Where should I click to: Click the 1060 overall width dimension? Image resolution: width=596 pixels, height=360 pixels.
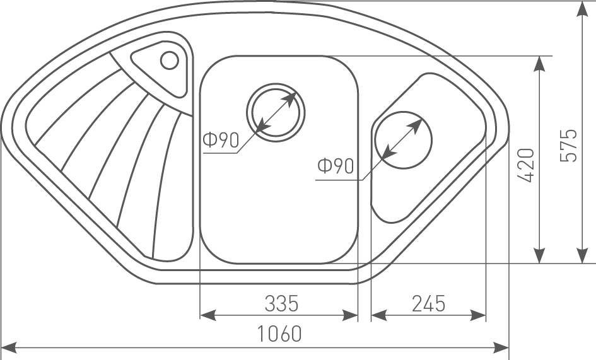pyautogui.click(x=279, y=334)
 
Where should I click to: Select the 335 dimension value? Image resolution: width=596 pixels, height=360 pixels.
pyautogui.click(x=282, y=304)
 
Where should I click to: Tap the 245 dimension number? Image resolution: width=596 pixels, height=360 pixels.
pyautogui.click(x=428, y=304)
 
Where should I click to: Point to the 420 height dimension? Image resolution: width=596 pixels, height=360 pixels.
pyautogui.click(x=528, y=165)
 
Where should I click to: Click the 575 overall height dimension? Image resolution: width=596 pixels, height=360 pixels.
pyautogui.click(x=569, y=146)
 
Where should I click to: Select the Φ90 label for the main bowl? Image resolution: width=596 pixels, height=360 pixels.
pyautogui.click(x=221, y=140)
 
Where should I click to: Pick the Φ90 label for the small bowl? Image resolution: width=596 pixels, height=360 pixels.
pyautogui.click(x=336, y=166)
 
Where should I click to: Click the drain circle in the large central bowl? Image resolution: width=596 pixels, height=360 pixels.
pyautogui.click(x=276, y=112)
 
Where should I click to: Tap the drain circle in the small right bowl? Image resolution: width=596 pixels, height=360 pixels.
pyautogui.click(x=403, y=140)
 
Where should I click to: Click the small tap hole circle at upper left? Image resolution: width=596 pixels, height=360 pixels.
pyautogui.click(x=170, y=60)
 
